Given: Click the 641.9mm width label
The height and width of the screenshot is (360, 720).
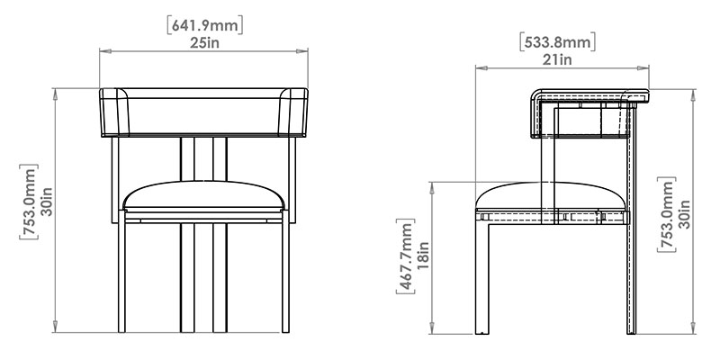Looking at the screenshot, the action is pos(205,25).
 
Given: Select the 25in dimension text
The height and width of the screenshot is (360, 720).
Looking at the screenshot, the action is pos(205,42).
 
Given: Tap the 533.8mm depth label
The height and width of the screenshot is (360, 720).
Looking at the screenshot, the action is pos(558,41).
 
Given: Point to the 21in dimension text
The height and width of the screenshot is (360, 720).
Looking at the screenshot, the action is pos(558,59).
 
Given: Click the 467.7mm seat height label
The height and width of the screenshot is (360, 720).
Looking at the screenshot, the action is pos(406,256).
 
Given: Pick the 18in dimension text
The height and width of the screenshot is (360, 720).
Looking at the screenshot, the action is pos(423,256).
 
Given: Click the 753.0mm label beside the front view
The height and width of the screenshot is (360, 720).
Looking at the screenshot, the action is pos(29,202).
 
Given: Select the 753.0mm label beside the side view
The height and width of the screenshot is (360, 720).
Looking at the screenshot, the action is pos(667,214).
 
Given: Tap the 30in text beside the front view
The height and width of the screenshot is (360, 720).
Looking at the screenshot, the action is pos(47,202).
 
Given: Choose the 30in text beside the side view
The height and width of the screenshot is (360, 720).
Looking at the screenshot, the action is pos(684,214).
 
